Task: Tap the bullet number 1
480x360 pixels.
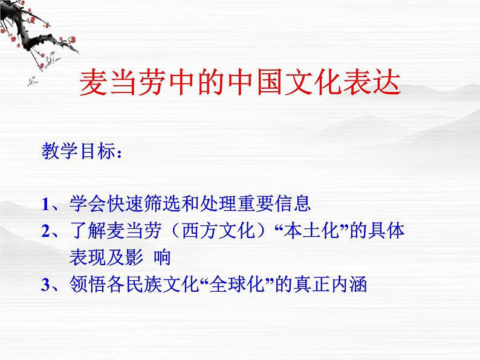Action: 47,204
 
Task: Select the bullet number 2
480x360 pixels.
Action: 47,231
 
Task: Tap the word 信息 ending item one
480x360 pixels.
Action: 296,204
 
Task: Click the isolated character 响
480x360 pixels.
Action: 162,258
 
